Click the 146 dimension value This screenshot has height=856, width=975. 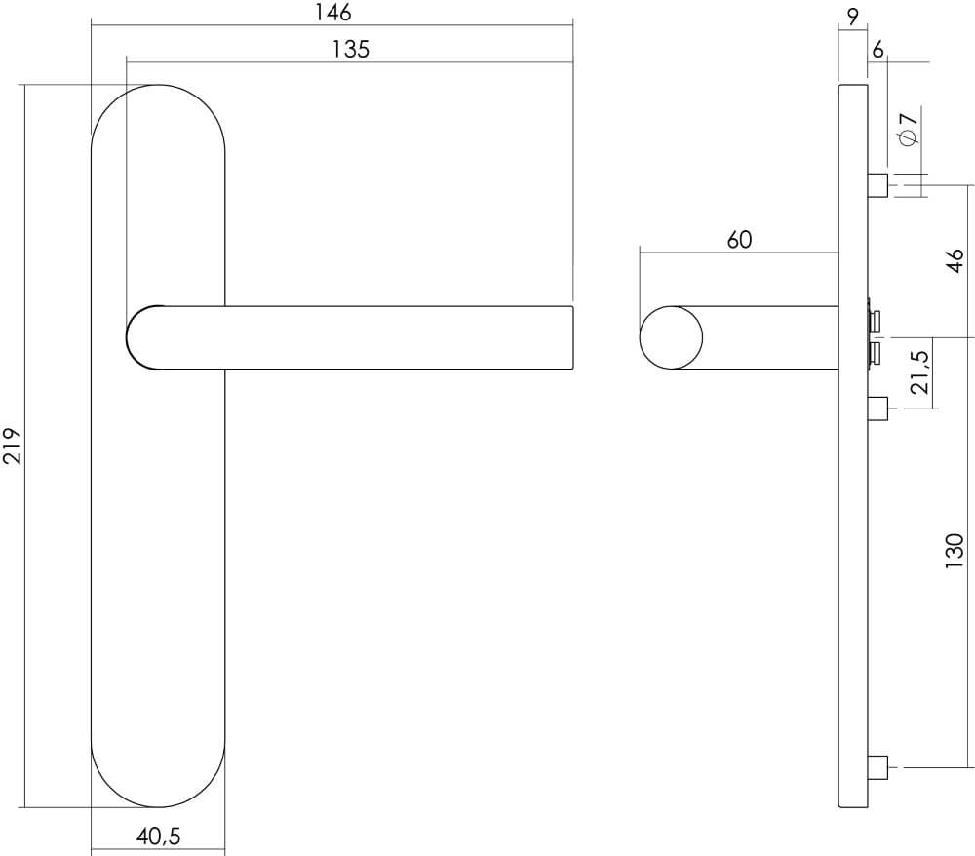pos(332,12)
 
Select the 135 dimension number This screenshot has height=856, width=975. pos(350,50)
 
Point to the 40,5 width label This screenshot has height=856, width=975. pos(158,837)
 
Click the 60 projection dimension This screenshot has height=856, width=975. pos(739,239)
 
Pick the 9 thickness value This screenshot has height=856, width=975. pos(852,15)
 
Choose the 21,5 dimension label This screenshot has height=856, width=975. pos(918,372)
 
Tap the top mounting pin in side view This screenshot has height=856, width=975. pos(877,184)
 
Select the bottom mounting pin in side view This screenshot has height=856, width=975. pos(877,767)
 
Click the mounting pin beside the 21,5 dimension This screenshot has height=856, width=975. pos(877,408)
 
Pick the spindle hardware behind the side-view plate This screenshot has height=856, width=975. pos(875,335)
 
